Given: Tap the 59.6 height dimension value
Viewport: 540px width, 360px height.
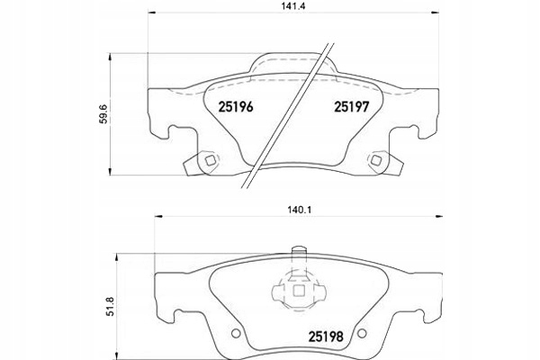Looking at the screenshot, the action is (105, 113).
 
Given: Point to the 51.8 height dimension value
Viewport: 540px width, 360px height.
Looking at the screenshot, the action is (110, 307).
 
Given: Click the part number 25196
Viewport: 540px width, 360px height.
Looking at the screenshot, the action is (236, 107).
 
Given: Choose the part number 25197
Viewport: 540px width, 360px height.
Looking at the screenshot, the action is (352, 107).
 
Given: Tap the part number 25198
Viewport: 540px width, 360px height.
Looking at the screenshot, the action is (326, 337).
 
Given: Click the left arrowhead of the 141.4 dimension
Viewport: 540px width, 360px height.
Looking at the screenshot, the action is (152, 13).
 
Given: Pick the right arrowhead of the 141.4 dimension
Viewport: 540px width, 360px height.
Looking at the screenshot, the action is (436, 13).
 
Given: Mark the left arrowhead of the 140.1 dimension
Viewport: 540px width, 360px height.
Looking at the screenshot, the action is (158, 216).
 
